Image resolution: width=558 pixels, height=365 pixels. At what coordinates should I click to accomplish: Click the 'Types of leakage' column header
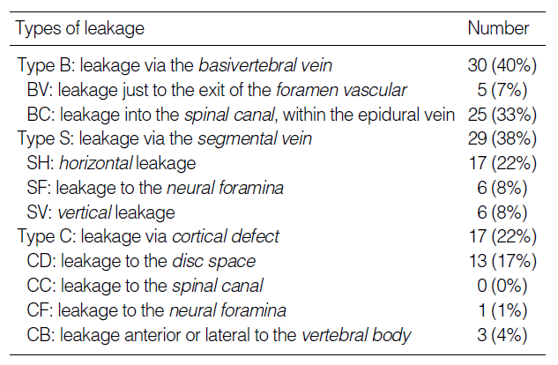point(80,28)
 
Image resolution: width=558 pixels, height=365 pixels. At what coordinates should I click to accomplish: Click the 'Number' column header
point(498,28)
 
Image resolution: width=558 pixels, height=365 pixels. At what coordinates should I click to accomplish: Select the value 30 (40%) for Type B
point(502,65)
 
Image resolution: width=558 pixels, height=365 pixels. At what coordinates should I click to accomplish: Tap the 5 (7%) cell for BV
point(502,90)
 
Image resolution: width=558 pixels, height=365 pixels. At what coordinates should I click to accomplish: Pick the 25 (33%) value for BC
point(502,115)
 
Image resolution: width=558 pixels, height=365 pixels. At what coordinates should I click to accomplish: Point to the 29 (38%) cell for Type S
point(502,138)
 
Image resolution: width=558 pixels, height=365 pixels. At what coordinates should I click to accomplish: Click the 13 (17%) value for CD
point(502,261)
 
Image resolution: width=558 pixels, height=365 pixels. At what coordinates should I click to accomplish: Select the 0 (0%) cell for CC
point(502,286)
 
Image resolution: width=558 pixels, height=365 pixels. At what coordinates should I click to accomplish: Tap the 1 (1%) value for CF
point(502,310)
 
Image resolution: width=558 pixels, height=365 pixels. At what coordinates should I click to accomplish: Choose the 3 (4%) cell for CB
point(502,335)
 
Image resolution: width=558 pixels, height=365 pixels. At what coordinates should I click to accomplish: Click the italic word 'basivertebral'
point(248,65)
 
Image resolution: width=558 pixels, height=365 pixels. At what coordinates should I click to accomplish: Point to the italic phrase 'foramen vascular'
point(341,90)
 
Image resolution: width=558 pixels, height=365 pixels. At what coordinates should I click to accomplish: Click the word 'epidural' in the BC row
point(383,115)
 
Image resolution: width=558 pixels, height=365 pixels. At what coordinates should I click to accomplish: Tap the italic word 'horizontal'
point(96,163)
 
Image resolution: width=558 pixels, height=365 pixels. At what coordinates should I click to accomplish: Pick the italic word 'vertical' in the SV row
point(85,212)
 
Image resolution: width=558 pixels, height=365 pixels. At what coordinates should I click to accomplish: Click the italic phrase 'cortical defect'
point(226,236)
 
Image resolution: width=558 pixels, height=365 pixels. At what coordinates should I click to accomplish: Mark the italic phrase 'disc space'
point(214,262)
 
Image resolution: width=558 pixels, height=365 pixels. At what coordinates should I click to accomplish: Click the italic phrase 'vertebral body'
point(356,336)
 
